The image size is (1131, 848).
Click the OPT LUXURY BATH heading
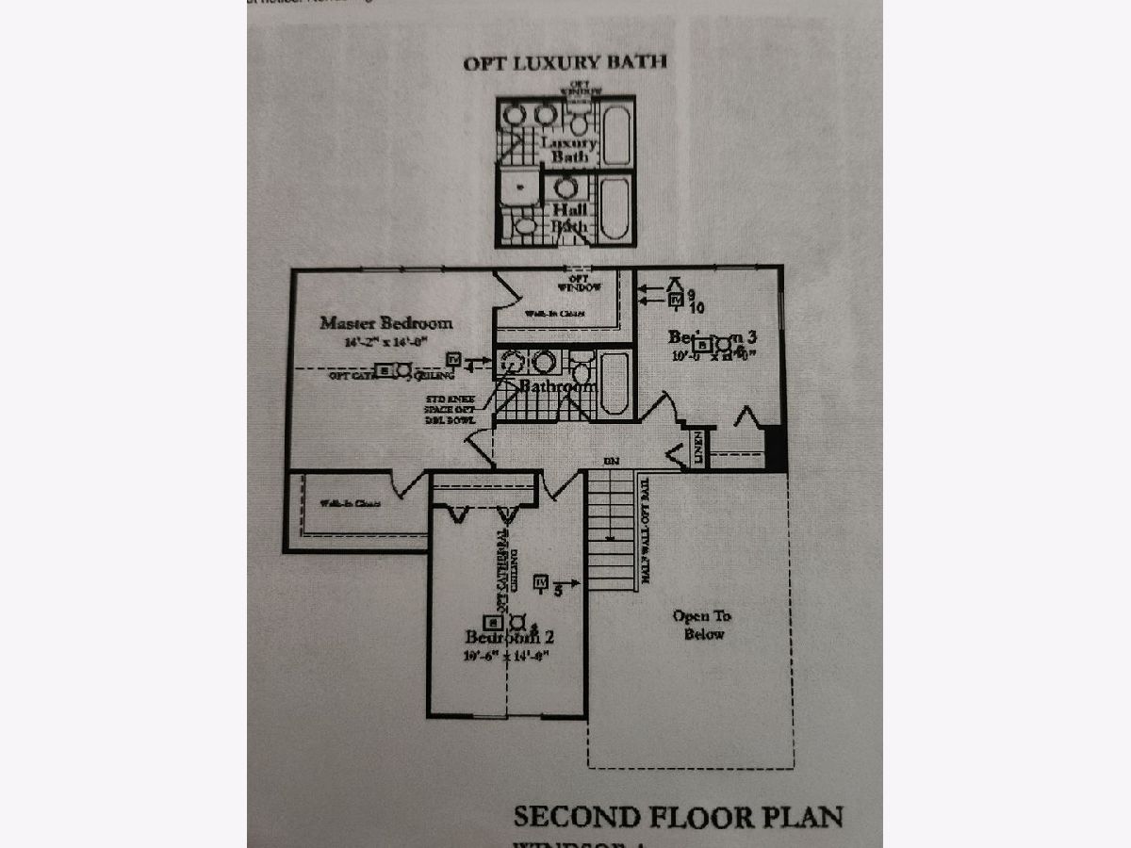coord(565,63)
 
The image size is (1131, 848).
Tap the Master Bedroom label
coord(385,322)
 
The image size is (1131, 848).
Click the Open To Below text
coord(703,625)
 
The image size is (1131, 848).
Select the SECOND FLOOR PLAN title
coord(678,816)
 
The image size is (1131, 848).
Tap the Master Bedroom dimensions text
coord(386,343)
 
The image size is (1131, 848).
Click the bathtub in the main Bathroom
coord(615,381)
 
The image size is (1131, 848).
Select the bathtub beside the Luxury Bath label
coord(616,135)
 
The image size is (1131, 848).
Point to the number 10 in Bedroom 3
coord(697,307)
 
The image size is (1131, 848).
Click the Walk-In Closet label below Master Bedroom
coord(349,504)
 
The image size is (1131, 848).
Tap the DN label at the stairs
coord(611,462)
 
